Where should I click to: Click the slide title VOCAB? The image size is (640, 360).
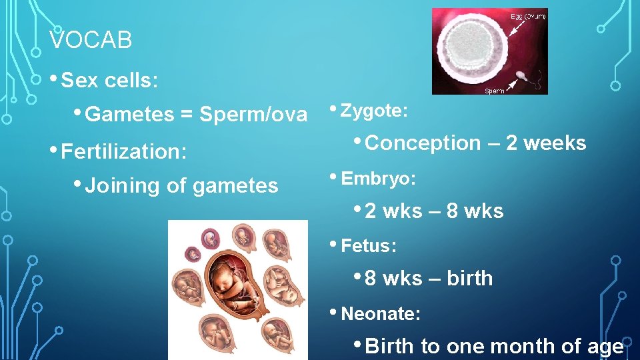91,41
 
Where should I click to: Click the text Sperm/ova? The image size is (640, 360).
253,115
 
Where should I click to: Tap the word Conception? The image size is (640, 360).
423,143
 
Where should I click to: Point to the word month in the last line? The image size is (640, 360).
519,346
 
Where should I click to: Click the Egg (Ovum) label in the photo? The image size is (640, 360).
528,16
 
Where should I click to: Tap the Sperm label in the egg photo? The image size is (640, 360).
494,90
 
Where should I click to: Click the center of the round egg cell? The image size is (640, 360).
473,51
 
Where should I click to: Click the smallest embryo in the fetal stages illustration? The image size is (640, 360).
193,253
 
